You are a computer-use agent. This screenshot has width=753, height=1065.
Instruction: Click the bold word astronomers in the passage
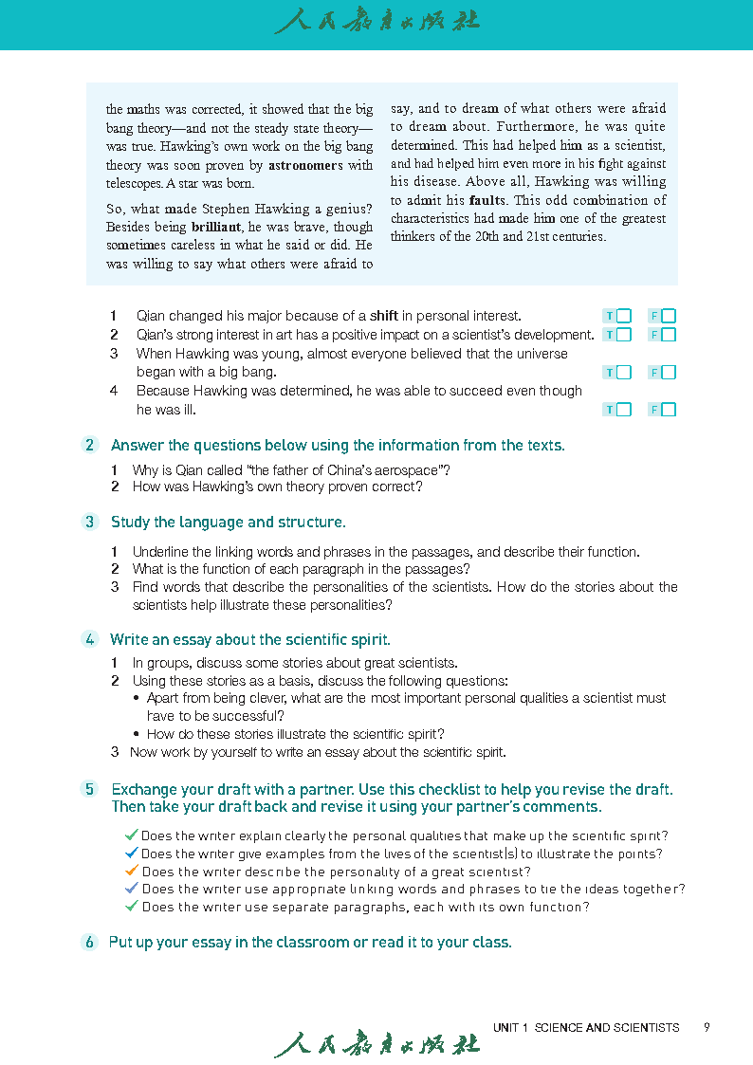point(305,165)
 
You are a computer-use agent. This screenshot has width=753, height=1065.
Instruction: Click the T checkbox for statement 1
point(623,316)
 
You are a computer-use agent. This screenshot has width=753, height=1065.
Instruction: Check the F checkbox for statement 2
point(669,335)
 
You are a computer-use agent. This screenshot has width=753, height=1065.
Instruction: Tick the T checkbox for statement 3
point(623,373)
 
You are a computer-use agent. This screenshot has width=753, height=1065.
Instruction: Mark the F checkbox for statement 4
point(669,410)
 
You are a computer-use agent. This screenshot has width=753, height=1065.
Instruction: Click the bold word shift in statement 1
point(383,316)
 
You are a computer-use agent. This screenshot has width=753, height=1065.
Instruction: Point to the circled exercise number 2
point(90,445)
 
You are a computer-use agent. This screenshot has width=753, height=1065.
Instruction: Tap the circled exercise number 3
point(90,522)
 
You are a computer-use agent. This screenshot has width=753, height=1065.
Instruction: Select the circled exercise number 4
point(90,639)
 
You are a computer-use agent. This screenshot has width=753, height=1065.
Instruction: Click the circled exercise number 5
point(90,789)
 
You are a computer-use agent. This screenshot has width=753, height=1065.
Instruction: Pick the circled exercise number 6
point(90,942)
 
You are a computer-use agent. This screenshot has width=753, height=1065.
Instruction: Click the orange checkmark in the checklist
point(132,871)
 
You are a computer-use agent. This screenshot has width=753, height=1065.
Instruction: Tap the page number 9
point(707,1027)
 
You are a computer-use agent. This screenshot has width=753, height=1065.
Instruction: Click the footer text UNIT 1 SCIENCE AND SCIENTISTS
point(586,1027)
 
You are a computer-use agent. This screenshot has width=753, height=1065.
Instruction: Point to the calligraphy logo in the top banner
point(376,21)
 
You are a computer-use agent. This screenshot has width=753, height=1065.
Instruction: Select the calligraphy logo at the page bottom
point(376,1043)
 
